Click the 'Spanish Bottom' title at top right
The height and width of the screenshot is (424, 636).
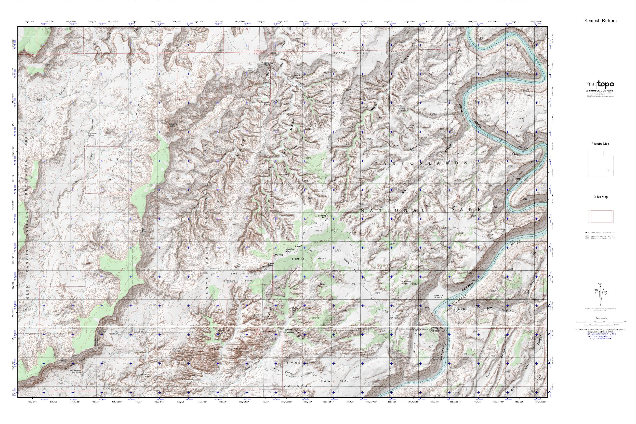tap(600, 21)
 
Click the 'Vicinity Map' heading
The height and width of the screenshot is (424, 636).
tap(600, 144)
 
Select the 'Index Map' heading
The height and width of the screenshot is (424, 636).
tap(600, 197)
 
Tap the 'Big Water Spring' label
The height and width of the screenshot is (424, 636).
tap(91, 134)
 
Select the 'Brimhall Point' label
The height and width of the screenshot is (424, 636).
tap(269, 64)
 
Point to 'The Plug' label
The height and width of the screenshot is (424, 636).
tap(278, 255)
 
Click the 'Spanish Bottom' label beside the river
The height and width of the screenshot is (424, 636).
tap(438, 297)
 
